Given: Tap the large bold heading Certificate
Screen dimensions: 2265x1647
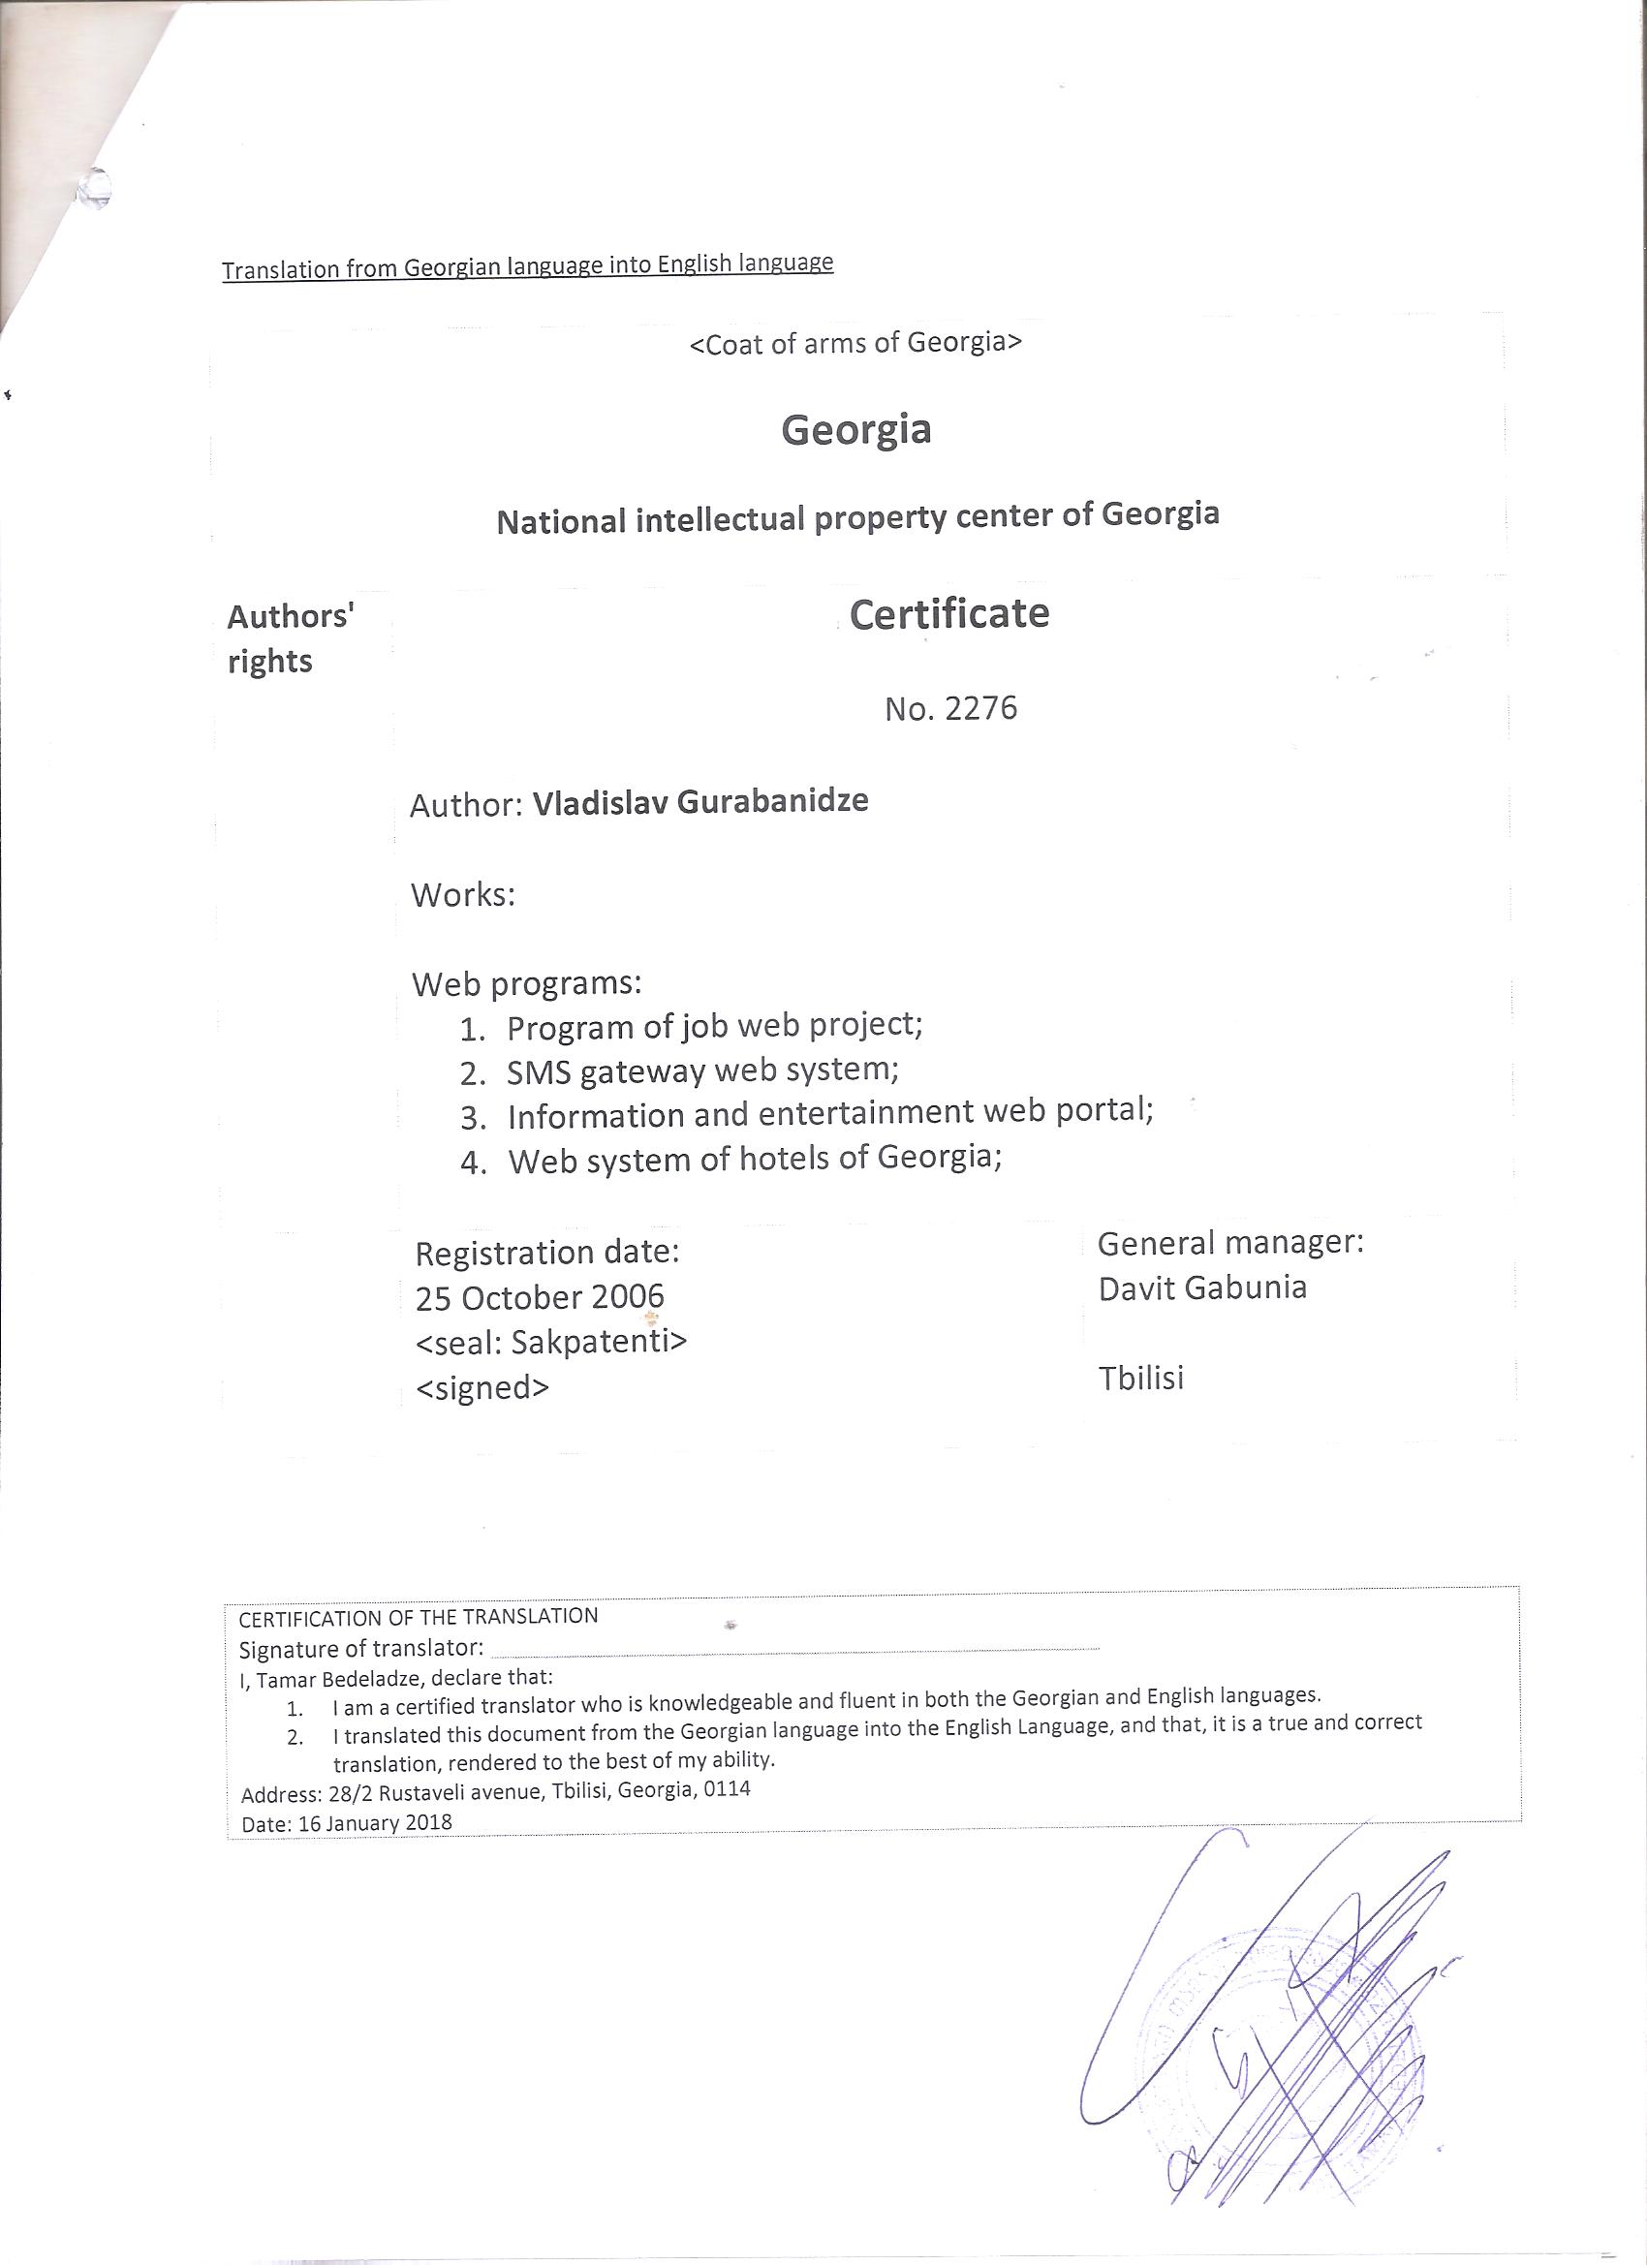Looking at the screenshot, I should point(948,614).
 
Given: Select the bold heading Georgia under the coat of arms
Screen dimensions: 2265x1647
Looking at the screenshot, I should point(856,429).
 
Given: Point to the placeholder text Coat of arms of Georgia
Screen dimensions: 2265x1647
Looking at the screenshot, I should point(856,343).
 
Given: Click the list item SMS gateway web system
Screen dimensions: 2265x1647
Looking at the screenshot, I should point(702,1070).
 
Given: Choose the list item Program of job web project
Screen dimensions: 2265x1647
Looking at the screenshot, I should point(713,1026).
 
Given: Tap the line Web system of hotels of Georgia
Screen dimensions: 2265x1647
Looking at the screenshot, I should point(754,1159).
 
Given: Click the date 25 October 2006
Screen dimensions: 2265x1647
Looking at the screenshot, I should point(540,1296).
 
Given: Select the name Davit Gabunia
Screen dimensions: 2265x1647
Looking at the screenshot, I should point(1202,1288).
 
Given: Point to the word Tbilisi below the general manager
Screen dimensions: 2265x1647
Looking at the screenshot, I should point(1140,1379).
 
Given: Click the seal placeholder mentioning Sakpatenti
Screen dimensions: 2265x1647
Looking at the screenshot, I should point(550,1341).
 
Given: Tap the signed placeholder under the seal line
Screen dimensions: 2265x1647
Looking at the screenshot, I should point(482,1387).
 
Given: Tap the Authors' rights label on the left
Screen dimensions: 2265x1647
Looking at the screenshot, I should point(290,638).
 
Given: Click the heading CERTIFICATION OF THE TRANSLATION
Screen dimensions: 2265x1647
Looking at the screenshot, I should point(419,1616).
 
